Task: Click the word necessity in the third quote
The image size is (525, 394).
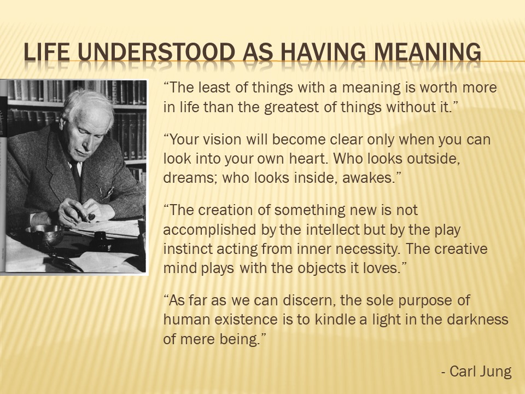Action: coord(378,249)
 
